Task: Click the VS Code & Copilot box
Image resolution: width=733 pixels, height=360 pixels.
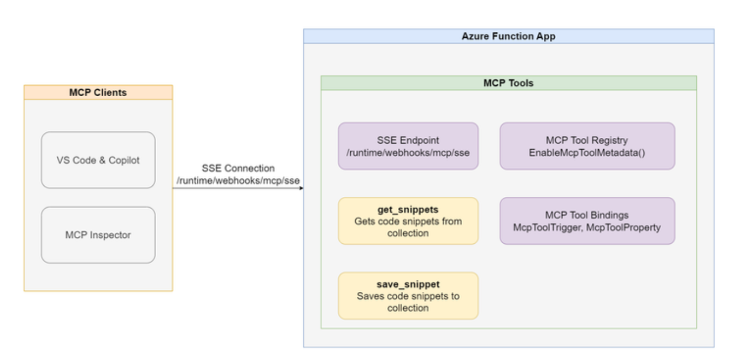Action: (98, 160)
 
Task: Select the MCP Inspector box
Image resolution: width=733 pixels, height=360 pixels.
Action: (98, 235)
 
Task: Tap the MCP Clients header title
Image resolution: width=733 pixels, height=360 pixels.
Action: (98, 92)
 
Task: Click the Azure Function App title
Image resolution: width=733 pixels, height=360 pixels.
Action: (509, 36)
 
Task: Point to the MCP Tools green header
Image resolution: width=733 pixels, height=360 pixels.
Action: (509, 83)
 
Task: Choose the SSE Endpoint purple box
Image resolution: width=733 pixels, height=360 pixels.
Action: (408, 146)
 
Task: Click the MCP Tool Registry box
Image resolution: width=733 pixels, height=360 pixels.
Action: (587, 146)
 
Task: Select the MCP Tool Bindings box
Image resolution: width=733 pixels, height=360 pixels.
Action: (587, 221)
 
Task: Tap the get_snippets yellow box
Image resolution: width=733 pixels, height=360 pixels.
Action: (408, 221)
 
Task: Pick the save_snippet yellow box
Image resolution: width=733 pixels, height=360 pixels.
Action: (408, 296)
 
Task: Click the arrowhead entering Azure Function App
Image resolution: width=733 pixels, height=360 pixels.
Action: (301, 188)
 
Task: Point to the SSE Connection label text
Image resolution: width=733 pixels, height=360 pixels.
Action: (238, 168)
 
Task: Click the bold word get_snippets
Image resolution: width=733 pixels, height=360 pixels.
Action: (408, 209)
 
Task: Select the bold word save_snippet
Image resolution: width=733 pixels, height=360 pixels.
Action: (408, 284)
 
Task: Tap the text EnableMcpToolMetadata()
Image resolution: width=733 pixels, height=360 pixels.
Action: (587, 153)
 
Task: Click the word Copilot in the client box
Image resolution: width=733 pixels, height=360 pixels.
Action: (124, 161)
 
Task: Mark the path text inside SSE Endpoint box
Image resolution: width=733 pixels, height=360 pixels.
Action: (408, 153)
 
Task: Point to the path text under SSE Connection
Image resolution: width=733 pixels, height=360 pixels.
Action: (238, 181)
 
